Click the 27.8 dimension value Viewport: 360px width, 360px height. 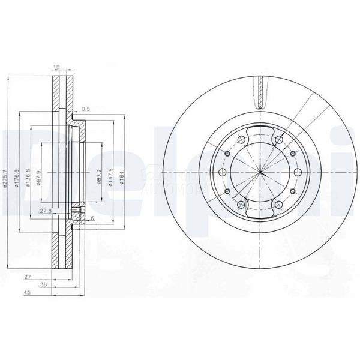44,211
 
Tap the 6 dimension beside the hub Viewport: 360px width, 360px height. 93,218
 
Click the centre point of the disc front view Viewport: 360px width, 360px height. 261,173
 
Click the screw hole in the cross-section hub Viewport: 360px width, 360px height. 76,215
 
